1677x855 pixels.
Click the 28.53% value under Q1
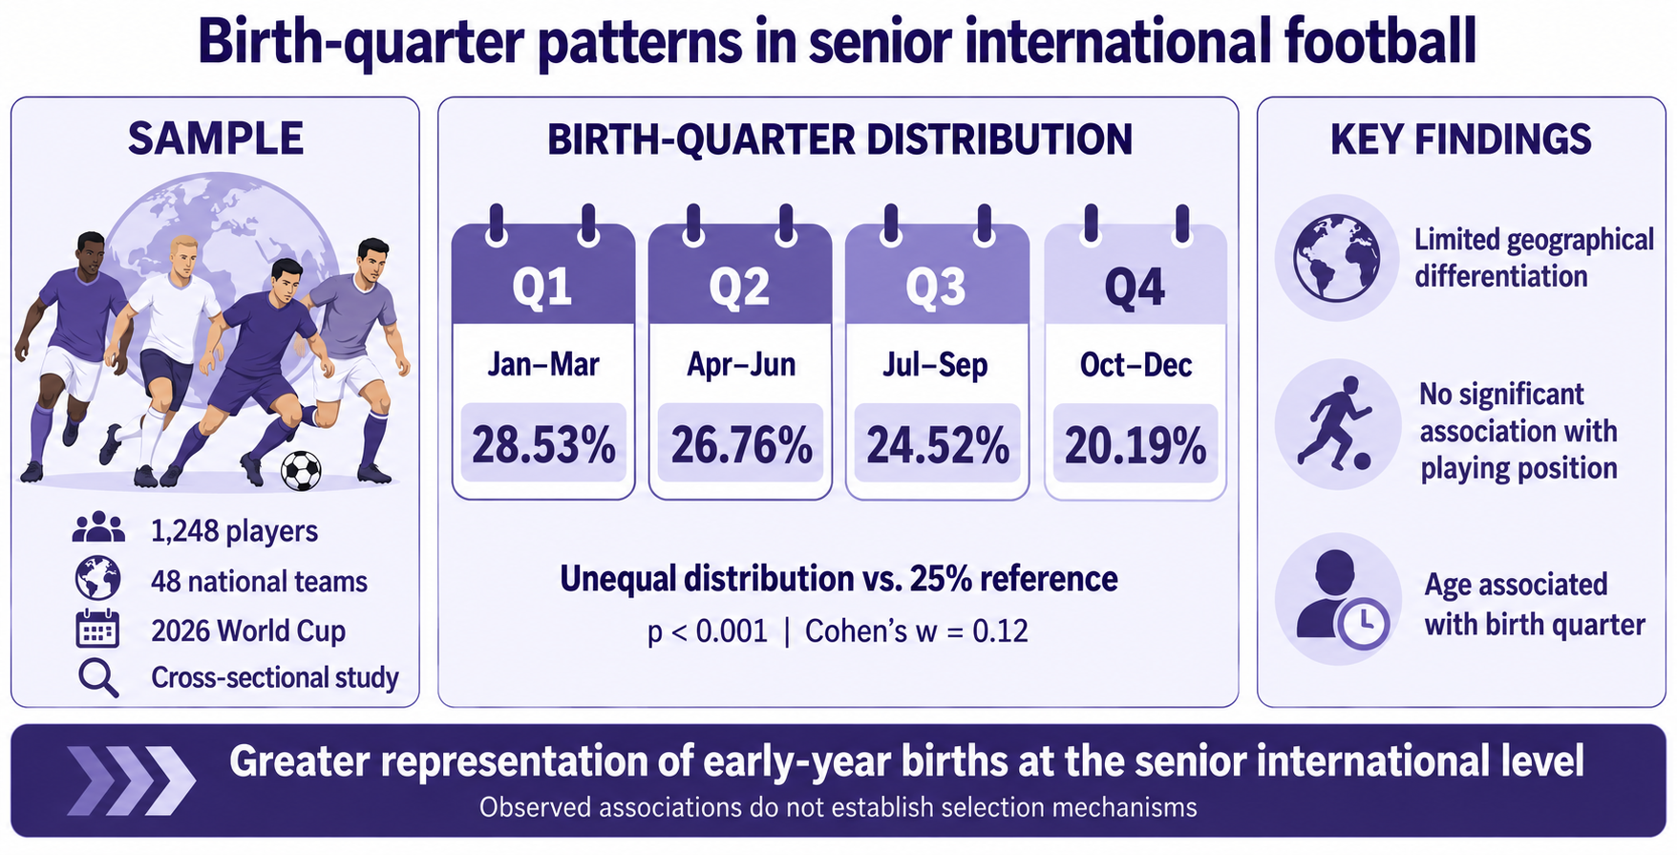[x=543, y=445]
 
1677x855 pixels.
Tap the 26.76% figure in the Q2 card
[x=741, y=445]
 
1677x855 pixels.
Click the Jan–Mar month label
[x=543, y=364]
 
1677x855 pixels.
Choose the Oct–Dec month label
[x=1136, y=364]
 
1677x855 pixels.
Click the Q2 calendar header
[x=740, y=285]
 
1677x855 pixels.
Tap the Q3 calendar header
[x=937, y=285]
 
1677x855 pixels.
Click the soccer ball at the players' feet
[x=301, y=470]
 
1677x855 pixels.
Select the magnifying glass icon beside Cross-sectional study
[x=98, y=678]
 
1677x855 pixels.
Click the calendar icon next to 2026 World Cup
[x=97, y=630]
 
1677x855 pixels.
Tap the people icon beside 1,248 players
[x=98, y=528]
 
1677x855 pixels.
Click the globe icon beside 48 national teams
[x=98, y=579]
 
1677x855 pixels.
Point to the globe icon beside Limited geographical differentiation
[x=1337, y=258]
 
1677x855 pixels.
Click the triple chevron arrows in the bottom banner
[x=132, y=780]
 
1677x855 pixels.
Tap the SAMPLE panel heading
[x=216, y=139]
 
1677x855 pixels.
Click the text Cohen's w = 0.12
[x=917, y=631]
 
